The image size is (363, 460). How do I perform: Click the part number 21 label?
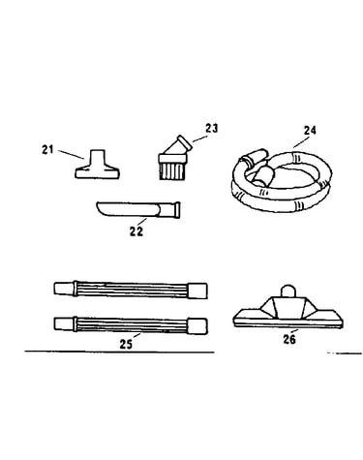coord(47,150)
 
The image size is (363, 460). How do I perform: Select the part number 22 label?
coord(136,231)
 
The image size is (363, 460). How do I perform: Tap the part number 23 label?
coord(212,128)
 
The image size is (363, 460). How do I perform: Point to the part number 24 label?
coord(310,130)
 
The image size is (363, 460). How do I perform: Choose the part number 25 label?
coord(126,345)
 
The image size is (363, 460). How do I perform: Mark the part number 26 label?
coord(289,339)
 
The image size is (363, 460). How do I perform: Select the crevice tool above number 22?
coord(138,210)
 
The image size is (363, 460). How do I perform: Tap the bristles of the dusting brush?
coord(172,170)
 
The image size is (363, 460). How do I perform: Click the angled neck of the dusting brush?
coord(179,145)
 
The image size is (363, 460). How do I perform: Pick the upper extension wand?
coord(131,290)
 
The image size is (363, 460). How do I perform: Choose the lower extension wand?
coord(131,325)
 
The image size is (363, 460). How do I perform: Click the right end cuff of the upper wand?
coord(197,291)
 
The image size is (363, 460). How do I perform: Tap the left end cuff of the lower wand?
coord(64,323)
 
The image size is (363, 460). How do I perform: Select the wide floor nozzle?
coord(288,311)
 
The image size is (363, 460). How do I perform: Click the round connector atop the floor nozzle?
coord(287,291)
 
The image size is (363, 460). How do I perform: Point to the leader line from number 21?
coord(72,154)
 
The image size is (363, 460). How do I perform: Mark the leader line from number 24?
coord(300,142)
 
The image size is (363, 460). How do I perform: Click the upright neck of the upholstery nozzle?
coord(98,156)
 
